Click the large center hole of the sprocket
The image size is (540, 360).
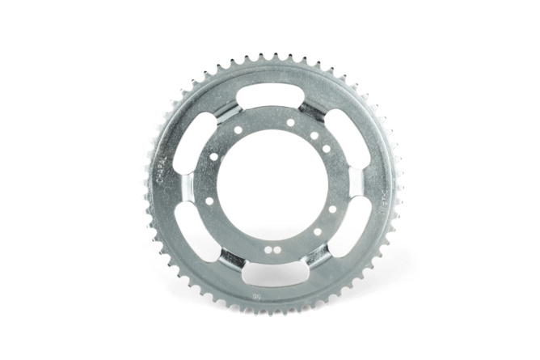tap(272, 185)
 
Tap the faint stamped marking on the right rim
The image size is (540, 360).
tap(385, 194)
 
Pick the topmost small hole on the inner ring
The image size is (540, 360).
tap(290, 123)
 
